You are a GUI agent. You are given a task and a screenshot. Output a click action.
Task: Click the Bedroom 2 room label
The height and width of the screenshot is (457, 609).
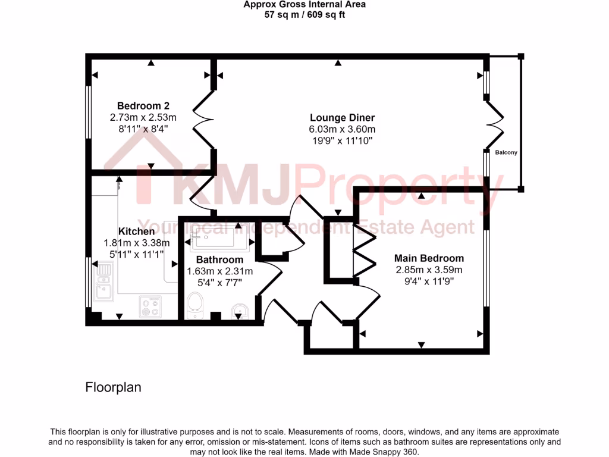(x=139, y=106)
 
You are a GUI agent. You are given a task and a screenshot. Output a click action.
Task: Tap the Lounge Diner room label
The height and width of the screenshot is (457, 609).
(x=342, y=117)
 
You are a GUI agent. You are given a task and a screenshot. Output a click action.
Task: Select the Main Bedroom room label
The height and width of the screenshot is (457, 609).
(x=429, y=258)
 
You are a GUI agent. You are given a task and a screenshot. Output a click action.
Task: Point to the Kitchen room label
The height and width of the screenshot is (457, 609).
(x=136, y=231)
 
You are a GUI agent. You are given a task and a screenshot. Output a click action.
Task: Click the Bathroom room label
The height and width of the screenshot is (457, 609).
(x=219, y=260)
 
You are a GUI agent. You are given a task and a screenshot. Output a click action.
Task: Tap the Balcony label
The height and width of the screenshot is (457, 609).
(x=506, y=153)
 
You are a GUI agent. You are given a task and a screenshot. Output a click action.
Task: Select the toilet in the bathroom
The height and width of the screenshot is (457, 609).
(x=195, y=306)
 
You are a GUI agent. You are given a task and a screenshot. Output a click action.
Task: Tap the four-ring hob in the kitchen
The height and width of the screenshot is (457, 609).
(x=149, y=306)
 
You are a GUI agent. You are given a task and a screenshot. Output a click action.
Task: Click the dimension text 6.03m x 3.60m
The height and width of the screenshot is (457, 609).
(x=342, y=129)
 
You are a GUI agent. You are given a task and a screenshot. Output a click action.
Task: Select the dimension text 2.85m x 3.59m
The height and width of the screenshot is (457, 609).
(x=429, y=270)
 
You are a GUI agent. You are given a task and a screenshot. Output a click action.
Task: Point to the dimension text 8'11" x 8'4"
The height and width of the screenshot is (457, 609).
(x=139, y=129)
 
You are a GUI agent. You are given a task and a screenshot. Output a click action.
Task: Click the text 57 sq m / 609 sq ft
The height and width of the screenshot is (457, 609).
(x=304, y=15)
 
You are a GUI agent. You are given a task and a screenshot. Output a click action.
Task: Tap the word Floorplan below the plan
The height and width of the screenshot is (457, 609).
(x=114, y=387)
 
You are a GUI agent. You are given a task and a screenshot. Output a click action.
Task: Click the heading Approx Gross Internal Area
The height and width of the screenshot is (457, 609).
(x=304, y=5)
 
